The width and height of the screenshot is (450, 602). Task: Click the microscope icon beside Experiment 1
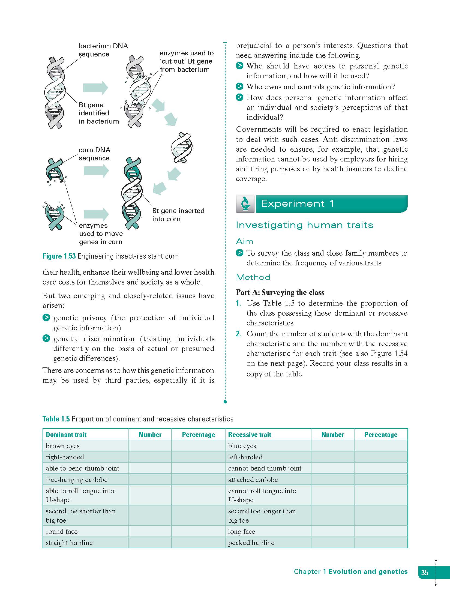pyautogui.click(x=245, y=204)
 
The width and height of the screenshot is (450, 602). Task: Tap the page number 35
pyautogui.click(x=425, y=572)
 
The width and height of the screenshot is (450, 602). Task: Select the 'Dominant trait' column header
pyautogui.click(x=66, y=435)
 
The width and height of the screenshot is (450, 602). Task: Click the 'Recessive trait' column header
pyautogui.click(x=250, y=435)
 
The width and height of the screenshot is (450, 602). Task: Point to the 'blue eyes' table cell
pyautogui.click(x=242, y=446)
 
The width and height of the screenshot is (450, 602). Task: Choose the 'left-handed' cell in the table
pyautogui.click(x=245, y=457)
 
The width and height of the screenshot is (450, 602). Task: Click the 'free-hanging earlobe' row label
pyautogui.click(x=77, y=480)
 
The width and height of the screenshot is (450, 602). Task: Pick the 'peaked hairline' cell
pyautogui.click(x=251, y=543)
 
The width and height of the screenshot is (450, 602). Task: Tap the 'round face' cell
pyautogui.click(x=62, y=532)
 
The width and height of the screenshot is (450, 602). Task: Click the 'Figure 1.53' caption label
pyautogui.click(x=59, y=256)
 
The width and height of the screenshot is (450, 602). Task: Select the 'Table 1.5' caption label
pyautogui.click(x=56, y=419)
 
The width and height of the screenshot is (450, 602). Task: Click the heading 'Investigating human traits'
pyautogui.click(x=304, y=225)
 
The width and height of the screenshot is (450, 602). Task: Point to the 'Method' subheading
pyautogui.click(x=253, y=277)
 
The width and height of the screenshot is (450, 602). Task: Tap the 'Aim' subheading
pyautogui.click(x=244, y=241)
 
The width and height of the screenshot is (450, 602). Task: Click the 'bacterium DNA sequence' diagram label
pyautogui.click(x=103, y=50)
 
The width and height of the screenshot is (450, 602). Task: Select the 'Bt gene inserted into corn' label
pyautogui.click(x=178, y=215)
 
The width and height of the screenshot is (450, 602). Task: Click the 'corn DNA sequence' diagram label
pyautogui.click(x=94, y=154)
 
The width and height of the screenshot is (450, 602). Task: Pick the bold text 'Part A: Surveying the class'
pyautogui.click(x=280, y=292)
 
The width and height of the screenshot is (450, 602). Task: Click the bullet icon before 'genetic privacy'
pyautogui.click(x=46, y=318)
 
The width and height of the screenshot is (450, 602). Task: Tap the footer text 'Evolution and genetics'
pyautogui.click(x=368, y=572)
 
